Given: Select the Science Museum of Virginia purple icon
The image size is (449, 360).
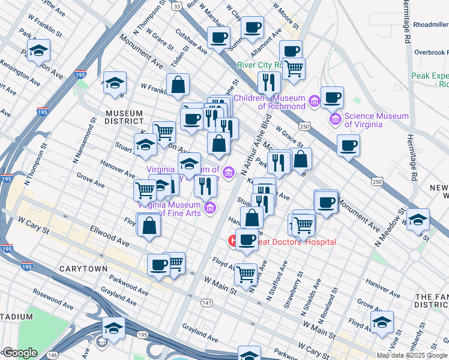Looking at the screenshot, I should click(x=336, y=119).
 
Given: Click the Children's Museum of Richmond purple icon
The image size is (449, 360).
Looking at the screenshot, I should click(x=314, y=103).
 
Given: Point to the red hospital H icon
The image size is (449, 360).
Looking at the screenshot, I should click(x=232, y=242).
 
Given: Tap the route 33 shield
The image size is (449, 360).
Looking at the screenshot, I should click(x=176, y=6).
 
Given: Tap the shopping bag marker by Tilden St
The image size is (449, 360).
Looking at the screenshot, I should click(x=178, y=85).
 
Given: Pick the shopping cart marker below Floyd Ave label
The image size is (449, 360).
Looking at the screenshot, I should click(x=246, y=274).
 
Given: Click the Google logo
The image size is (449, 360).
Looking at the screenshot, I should click(x=19, y=353).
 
